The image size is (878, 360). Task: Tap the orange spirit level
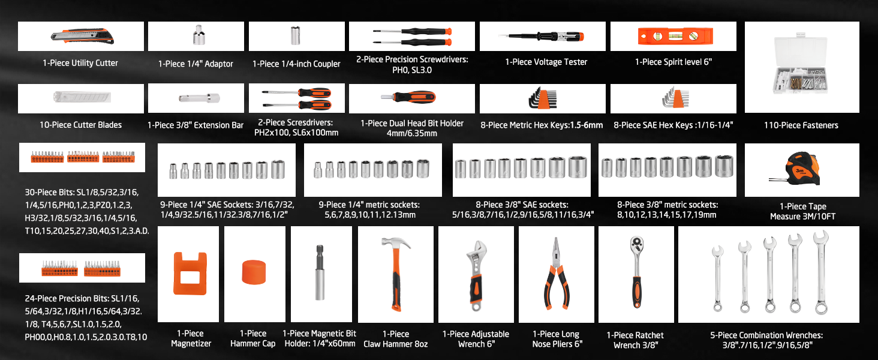coord(673,37)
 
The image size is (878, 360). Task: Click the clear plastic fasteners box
coord(802,68)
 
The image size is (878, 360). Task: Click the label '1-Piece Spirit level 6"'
coord(673,62)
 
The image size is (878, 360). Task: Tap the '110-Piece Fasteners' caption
coord(801,125)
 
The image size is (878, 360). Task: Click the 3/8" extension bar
coord(196,98)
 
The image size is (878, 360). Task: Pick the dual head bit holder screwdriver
coord(411,97)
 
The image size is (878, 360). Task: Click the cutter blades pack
coord(80,98)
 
